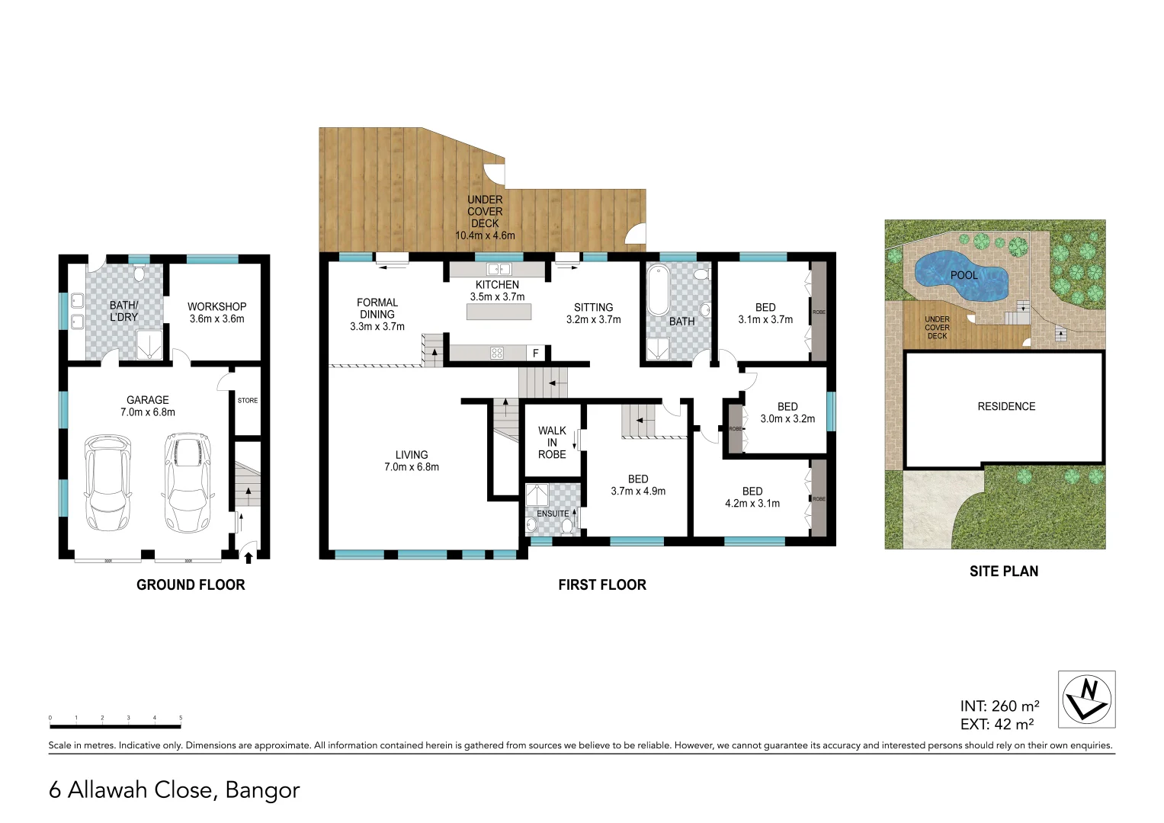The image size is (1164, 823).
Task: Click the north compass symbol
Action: [1086, 699]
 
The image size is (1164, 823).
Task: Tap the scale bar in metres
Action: [115, 726]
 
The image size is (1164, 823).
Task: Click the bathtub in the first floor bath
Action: [658, 290]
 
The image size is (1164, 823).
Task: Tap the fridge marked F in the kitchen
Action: [536, 353]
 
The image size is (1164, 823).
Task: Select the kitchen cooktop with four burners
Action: [497, 352]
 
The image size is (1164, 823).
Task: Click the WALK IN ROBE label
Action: [552, 443]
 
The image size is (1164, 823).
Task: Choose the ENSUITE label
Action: [553, 514]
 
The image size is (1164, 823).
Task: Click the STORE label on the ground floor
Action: [248, 400]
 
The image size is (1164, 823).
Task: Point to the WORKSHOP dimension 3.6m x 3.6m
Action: [217, 319]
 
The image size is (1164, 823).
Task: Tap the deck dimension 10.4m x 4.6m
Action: [485, 235]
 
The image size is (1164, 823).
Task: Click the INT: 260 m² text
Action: [999, 706]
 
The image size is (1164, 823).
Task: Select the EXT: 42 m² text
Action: [997, 725]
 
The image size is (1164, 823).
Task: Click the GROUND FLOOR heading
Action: [191, 585]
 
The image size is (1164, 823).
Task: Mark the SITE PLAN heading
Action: [1003, 572]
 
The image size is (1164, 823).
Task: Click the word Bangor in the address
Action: [263, 790]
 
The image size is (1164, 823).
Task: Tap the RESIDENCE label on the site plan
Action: [1006, 407]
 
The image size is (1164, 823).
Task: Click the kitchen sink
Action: [499, 269]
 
